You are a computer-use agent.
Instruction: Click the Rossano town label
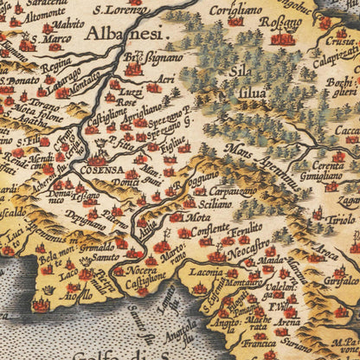tap(285, 22)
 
